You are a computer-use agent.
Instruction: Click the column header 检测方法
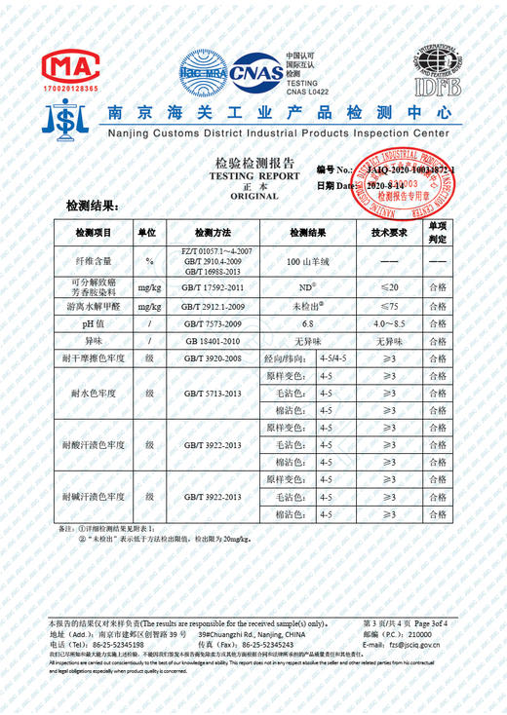click(x=213, y=234)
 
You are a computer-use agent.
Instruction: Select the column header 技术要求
click(x=388, y=234)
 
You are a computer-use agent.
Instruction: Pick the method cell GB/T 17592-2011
click(x=213, y=287)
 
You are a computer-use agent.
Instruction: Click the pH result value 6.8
click(x=308, y=323)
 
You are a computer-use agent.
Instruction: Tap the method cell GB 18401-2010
click(x=213, y=341)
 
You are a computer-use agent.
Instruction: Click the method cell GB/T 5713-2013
click(x=213, y=394)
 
